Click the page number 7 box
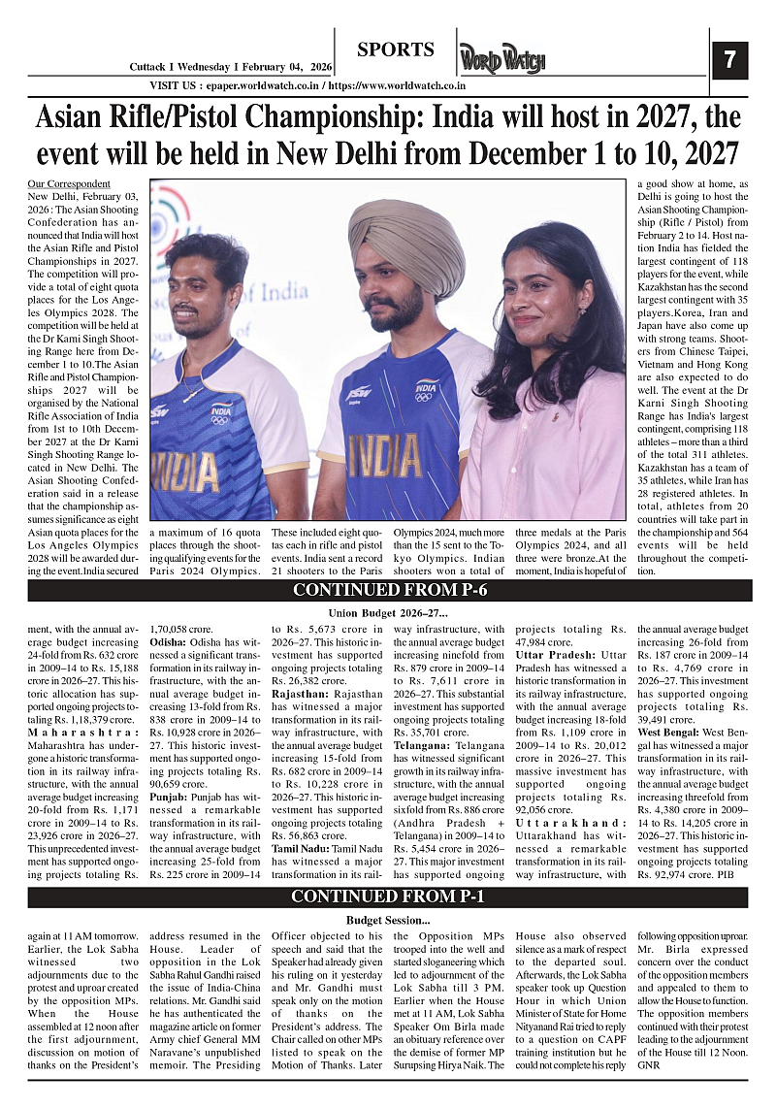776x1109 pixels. pyautogui.click(x=729, y=61)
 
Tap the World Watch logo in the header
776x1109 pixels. pyautogui.click(x=502, y=60)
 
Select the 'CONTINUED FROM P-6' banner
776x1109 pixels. pyautogui.click(x=388, y=590)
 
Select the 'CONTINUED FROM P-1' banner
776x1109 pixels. pyautogui.click(x=388, y=897)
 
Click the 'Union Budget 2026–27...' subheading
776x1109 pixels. pyautogui.click(x=388, y=612)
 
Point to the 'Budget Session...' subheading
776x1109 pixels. pyautogui.click(x=388, y=919)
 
